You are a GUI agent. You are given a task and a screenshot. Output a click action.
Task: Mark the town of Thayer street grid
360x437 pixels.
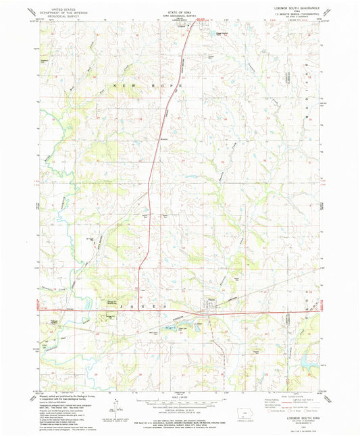tap(211, 312)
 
